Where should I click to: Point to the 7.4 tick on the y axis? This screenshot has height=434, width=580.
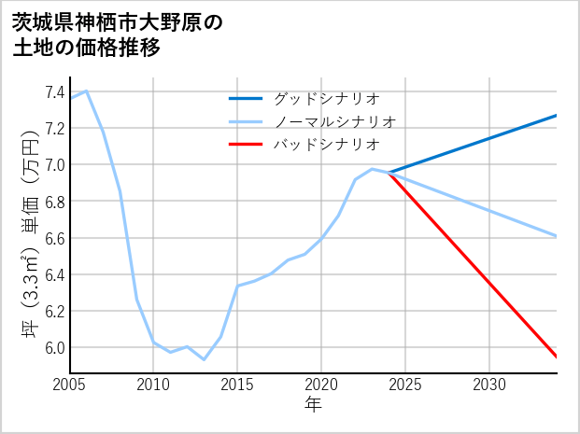[x=54, y=92]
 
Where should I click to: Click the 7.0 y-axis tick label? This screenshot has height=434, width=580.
[x=54, y=165]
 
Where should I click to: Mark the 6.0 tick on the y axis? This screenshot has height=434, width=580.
[x=54, y=348]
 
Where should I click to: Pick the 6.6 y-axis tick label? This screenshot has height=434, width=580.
[x=54, y=238]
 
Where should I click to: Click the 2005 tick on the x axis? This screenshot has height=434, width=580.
[x=70, y=385]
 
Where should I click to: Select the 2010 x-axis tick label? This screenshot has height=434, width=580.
[x=153, y=385]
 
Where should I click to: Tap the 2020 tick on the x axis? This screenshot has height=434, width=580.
[x=321, y=385]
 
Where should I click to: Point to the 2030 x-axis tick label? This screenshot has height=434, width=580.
[x=489, y=385]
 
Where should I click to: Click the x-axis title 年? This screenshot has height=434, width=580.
[x=313, y=405]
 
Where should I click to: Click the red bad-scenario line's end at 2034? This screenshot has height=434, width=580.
[x=557, y=357]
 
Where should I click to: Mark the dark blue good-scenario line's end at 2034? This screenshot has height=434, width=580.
[x=557, y=116]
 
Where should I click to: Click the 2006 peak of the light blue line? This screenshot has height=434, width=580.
[x=87, y=91]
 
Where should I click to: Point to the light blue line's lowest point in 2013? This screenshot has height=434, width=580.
[x=204, y=359]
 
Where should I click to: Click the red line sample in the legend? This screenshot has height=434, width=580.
[x=247, y=145]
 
